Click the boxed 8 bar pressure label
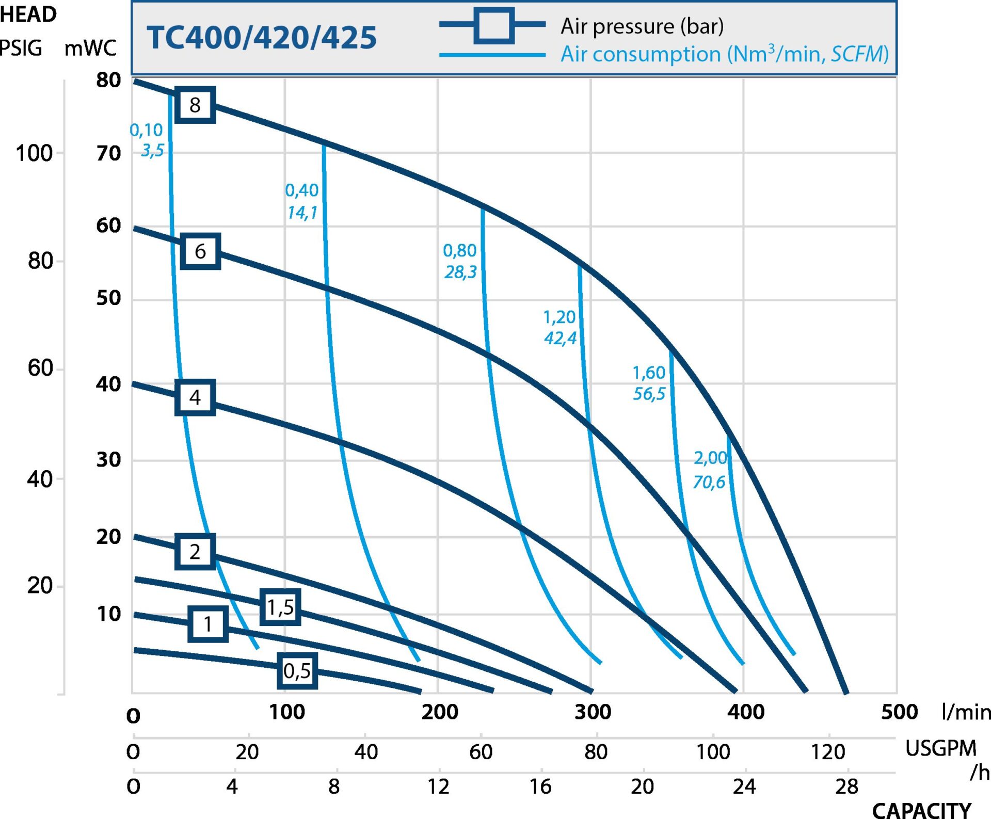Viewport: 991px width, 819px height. click(x=195, y=105)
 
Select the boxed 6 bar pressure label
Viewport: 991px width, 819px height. click(x=200, y=251)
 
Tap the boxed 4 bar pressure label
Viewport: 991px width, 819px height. click(x=195, y=397)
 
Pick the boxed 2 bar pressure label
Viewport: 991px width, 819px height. click(x=195, y=552)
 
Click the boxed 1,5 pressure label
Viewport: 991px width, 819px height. click(x=280, y=607)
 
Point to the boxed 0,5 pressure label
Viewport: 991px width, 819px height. click(x=297, y=670)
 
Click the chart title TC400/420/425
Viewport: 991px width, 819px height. click(x=262, y=38)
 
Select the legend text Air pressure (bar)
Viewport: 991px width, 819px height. click(x=642, y=26)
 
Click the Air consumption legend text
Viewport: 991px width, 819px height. click(x=725, y=54)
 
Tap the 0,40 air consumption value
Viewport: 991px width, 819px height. click(x=302, y=190)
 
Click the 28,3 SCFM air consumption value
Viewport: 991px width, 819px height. click(x=460, y=272)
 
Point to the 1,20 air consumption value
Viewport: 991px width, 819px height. click(x=560, y=317)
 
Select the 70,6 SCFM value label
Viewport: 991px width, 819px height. click(x=709, y=482)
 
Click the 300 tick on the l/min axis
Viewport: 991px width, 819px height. click(x=593, y=712)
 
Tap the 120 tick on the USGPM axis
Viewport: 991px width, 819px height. click(x=828, y=752)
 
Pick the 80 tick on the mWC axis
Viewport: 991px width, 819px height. click(x=108, y=80)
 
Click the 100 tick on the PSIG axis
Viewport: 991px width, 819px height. click(x=34, y=153)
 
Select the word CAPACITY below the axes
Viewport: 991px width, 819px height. click(x=922, y=810)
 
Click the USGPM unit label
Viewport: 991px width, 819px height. click(x=941, y=748)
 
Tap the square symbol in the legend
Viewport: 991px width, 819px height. click(x=493, y=25)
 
